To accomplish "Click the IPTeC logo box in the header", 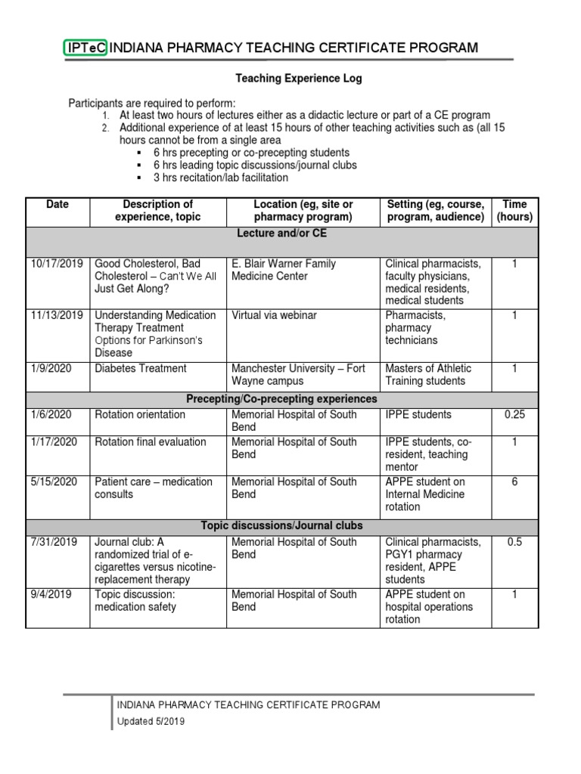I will pos(85,48).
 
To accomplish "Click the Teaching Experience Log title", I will pos(298,78).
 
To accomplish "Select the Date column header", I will pos(57,204).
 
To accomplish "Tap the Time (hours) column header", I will pos(514,210).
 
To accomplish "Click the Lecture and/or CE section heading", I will pos(282,234).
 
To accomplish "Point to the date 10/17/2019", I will pos(56,264).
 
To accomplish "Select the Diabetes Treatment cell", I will pos(140,368).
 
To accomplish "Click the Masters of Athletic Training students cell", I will pos(428,374).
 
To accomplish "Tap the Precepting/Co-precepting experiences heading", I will pos(282,398).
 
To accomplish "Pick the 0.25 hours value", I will pos(514,414).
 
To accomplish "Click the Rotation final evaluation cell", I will pos(150,441).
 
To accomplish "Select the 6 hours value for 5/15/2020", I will pos(514,481).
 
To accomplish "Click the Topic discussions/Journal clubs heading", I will pos(282,525).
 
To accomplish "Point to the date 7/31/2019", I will pos(53,542).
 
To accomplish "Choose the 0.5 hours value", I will pos(514,542).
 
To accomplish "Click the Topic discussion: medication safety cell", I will pos(135,600).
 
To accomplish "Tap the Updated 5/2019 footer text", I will pos(150,722).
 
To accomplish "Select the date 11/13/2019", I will pos(56,315).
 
